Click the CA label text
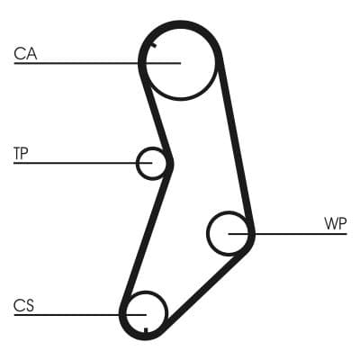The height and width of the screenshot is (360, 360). [x=25, y=55]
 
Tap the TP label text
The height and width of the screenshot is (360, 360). [x=22, y=153]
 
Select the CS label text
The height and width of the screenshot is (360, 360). [x=24, y=306]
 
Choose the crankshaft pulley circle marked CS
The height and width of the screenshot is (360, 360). [x=146, y=311]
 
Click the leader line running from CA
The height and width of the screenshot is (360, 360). [x=81, y=63]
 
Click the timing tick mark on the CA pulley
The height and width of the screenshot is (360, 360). [x=154, y=44]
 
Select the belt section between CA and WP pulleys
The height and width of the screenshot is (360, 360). [x=235, y=144]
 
